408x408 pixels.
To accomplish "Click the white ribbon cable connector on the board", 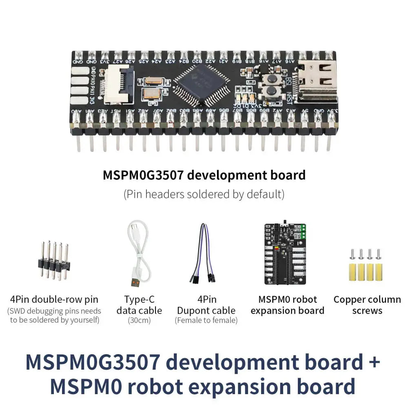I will pos(119,84).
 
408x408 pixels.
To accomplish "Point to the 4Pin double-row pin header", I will pos(54,260).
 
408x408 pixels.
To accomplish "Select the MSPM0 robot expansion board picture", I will pos(286,254).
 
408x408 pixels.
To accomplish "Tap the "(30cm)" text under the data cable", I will pos(139,321).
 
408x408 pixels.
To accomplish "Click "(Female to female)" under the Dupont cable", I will pos(206,321).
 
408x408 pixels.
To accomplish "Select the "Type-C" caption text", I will pos(139,299).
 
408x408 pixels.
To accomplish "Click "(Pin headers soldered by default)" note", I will pos(204,194).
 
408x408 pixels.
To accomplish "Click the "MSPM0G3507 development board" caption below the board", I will pos(204,175).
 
